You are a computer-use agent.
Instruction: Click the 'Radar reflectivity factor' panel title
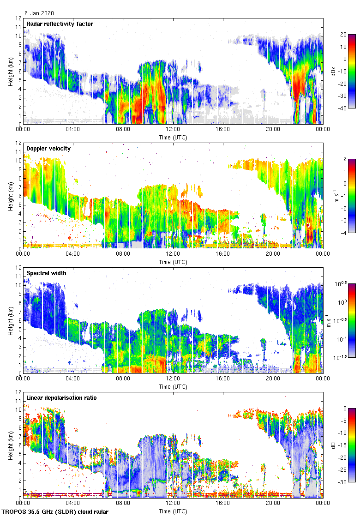[60, 24]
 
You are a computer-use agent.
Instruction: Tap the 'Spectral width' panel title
[46, 273]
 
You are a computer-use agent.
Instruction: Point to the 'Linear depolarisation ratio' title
[61, 397]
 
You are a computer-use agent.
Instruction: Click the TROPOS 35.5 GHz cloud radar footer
[56, 511]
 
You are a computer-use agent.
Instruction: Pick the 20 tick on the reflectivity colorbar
[343, 34]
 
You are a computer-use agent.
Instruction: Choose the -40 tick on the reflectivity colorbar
[342, 108]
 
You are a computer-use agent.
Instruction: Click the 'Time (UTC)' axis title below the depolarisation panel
[173, 511]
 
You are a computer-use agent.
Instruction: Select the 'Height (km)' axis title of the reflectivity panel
[11, 72]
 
